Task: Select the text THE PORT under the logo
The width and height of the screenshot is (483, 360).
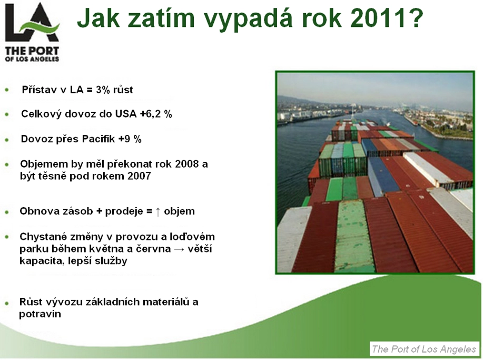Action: (32, 50)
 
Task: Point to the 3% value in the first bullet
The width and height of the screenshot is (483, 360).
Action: (103, 90)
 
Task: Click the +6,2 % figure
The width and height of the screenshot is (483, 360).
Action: (156, 114)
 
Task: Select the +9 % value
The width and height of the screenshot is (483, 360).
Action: (130, 139)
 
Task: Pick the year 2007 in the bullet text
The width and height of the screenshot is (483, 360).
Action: (139, 176)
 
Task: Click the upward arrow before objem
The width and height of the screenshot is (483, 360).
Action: (158, 211)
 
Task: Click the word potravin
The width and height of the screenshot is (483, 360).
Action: (40, 314)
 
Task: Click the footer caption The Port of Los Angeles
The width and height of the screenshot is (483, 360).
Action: (423, 349)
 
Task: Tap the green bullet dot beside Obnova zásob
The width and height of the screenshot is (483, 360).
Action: (7, 212)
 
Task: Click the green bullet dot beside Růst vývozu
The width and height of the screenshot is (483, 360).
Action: (7, 303)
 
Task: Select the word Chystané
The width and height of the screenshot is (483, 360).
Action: (43, 237)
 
